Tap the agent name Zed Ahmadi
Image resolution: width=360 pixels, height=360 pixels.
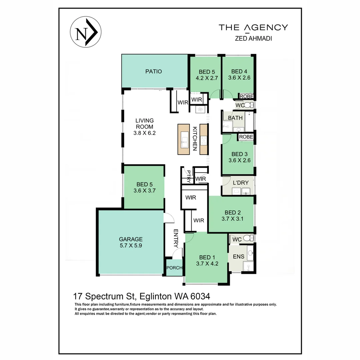253,39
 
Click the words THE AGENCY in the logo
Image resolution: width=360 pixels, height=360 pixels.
253,27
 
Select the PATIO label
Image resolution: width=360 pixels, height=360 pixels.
153,71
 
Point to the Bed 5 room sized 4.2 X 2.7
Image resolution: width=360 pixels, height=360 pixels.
207,75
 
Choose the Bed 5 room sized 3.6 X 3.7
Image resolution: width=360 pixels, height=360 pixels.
144,188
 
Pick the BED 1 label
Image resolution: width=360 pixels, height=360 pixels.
207,257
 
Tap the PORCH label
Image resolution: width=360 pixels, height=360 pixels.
174,268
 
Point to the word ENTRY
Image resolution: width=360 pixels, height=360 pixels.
176,238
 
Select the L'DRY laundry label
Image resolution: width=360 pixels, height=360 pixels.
241,183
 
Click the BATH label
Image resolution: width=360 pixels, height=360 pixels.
235,118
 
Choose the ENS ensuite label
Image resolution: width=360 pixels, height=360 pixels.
238,256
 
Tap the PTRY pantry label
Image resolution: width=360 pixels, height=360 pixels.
189,176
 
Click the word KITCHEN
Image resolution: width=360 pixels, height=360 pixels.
195,138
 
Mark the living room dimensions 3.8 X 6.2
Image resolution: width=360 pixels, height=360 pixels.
144,133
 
